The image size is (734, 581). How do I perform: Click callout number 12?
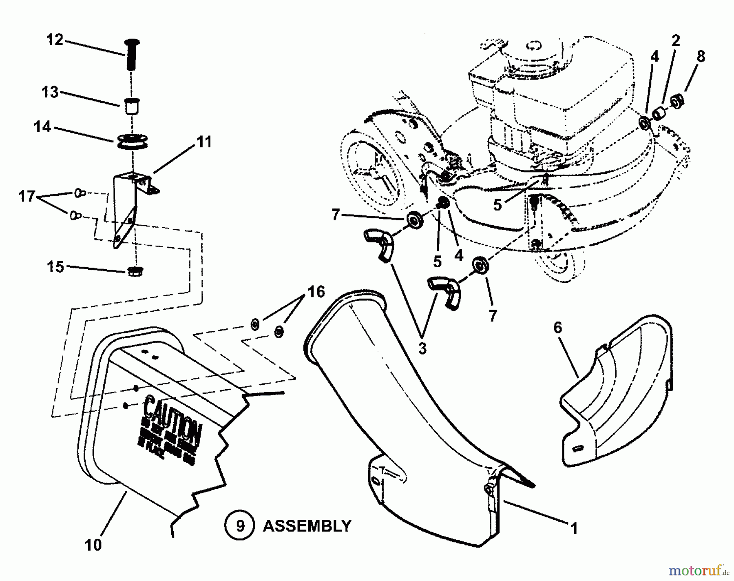tap(55, 40)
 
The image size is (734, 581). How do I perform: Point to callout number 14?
tap(42, 127)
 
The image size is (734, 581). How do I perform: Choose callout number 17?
tap(27, 196)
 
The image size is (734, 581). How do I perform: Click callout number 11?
tap(204, 142)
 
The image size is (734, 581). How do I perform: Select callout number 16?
tap(316, 292)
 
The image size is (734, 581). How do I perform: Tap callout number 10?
tap(93, 545)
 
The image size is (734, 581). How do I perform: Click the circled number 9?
tap(240, 526)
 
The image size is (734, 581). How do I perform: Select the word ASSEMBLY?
tap(307, 526)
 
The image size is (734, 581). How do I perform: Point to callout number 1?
tap(574, 529)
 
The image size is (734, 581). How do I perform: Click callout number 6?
tap(557, 328)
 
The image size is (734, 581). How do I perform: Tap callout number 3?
tap(422, 348)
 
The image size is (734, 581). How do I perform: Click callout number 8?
tap(701, 57)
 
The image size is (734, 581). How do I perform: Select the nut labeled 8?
tap(677, 101)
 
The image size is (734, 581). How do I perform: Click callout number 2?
tap(676, 40)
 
